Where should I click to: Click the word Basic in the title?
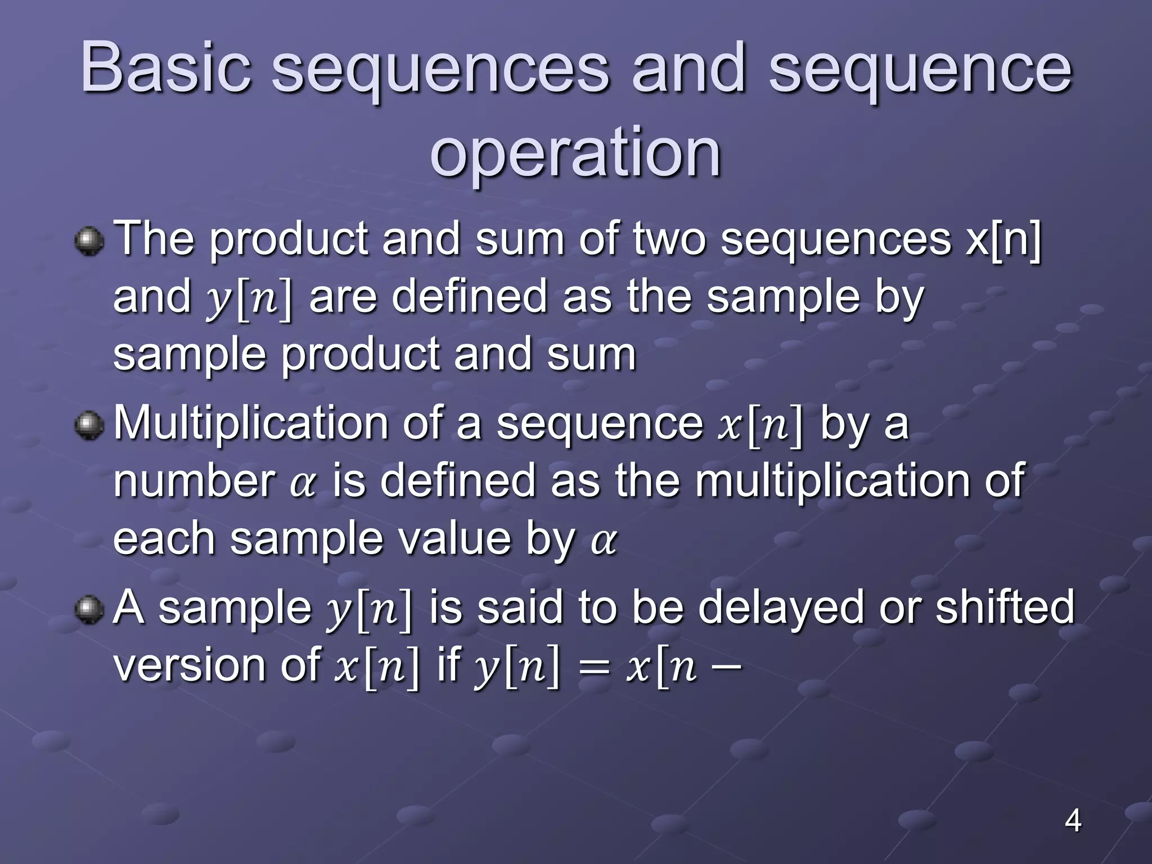click(x=166, y=67)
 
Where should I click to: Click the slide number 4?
click(x=1073, y=821)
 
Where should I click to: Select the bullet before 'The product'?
click(x=89, y=241)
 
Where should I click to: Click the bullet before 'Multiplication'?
click(x=89, y=425)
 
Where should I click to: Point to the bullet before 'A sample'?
click(x=89, y=610)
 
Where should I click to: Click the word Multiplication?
click(x=250, y=423)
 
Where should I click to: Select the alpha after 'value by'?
click(x=604, y=542)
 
